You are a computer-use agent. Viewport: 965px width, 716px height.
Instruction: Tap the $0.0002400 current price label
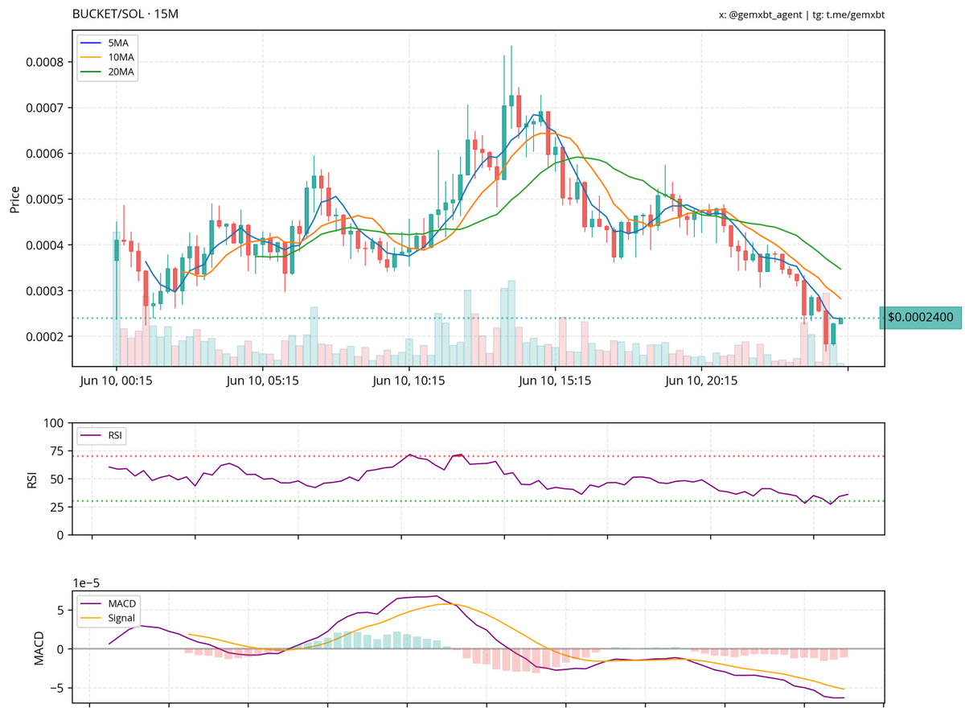[920, 318]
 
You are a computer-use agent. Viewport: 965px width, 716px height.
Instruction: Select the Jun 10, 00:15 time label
[116, 381]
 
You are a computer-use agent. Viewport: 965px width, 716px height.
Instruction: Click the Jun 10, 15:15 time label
[556, 381]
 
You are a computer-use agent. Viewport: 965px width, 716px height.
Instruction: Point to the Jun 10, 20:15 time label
[702, 381]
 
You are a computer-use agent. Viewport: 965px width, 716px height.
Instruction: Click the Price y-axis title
[14, 199]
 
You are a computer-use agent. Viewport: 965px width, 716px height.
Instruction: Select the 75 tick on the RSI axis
[55, 457]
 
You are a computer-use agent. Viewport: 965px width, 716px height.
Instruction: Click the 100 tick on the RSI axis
[53, 423]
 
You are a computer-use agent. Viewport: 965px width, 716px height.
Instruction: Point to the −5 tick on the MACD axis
[54, 689]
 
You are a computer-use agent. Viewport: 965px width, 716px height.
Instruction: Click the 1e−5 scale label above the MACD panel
[88, 582]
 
